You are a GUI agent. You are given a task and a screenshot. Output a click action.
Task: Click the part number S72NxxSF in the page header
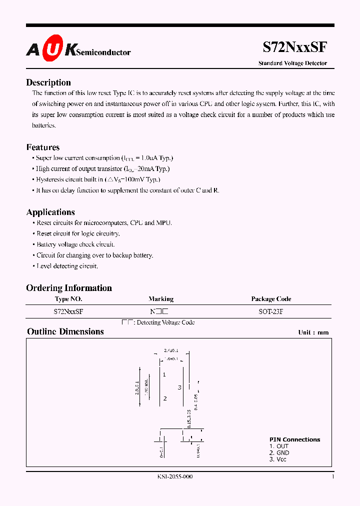(295, 47)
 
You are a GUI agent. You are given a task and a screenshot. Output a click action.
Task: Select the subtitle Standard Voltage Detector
(292, 63)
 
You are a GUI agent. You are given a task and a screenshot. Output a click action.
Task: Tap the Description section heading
(48, 82)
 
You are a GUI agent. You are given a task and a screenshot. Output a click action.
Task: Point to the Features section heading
(43, 147)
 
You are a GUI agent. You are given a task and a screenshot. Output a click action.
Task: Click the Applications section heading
(50, 212)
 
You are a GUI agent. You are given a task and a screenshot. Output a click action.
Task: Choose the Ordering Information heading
(69, 287)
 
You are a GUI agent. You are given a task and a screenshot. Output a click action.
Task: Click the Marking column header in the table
(161, 299)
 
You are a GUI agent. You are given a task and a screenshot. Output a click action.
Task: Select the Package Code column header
(271, 299)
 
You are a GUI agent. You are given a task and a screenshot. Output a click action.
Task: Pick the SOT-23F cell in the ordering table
(270, 311)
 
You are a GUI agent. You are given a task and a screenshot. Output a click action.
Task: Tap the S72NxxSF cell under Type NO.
(68, 311)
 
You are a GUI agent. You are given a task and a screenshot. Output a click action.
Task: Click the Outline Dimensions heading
(65, 331)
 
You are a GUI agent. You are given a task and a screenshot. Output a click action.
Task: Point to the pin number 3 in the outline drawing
(178, 387)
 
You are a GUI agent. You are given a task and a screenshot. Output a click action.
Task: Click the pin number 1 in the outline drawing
(164, 374)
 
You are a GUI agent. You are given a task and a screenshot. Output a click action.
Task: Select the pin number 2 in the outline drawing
(164, 398)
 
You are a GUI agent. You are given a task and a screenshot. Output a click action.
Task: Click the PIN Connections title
(294, 439)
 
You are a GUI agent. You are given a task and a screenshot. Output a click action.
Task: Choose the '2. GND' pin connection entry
(279, 452)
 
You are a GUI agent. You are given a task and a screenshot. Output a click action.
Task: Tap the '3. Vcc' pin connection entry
(278, 459)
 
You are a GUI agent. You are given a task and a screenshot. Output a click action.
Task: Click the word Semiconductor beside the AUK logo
(105, 52)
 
